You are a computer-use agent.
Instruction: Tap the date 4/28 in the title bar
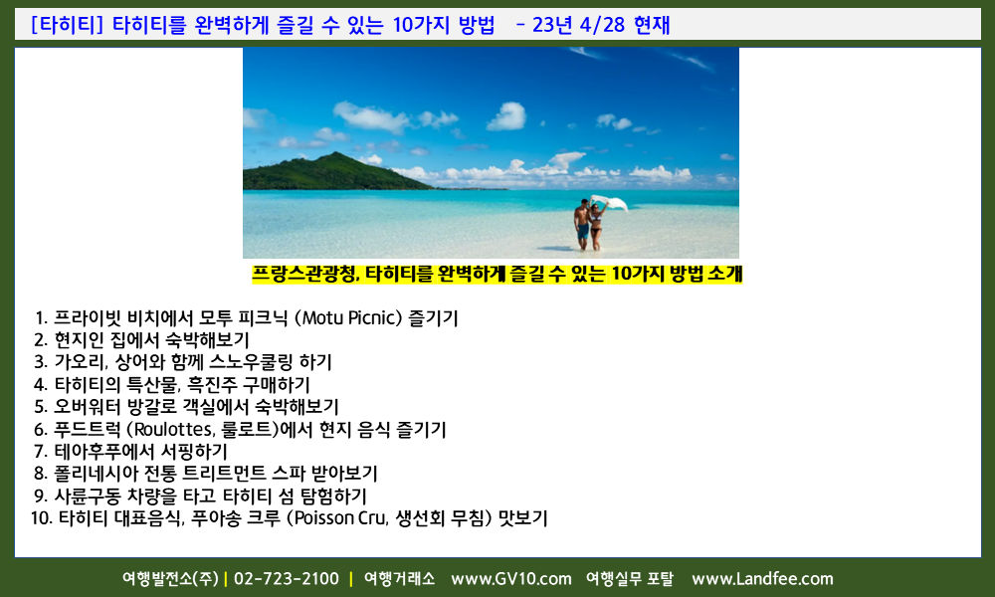pyautogui.click(x=602, y=25)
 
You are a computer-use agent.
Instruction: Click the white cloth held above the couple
pyautogui.click(x=610, y=202)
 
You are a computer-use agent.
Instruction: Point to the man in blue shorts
pyautogui.click(x=582, y=223)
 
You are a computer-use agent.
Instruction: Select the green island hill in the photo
pyautogui.click(x=336, y=172)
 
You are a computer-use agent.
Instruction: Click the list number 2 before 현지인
pyautogui.click(x=41, y=340)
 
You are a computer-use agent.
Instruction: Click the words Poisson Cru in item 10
pyautogui.click(x=339, y=517)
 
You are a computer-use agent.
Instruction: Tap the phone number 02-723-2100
pyautogui.click(x=287, y=579)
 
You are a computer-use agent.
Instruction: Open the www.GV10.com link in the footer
pyautogui.click(x=510, y=579)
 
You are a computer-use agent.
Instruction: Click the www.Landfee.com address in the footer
pyautogui.click(x=762, y=579)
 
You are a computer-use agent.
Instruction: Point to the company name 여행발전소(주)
pyautogui.click(x=170, y=579)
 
